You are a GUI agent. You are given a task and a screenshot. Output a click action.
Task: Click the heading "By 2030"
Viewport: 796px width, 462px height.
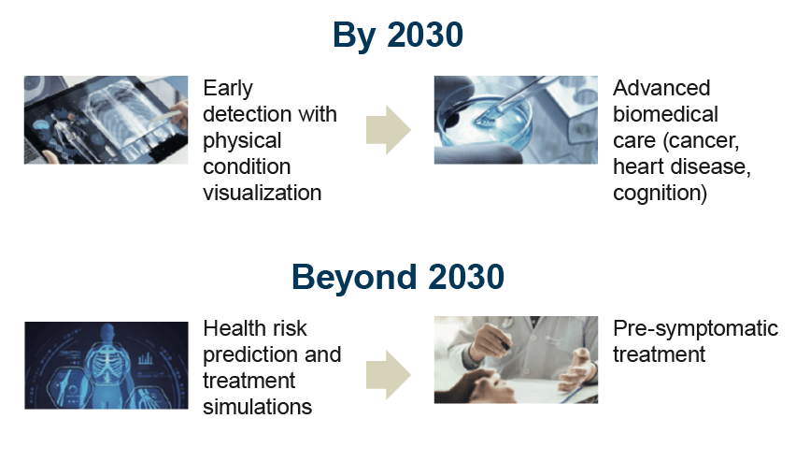coord(397,36)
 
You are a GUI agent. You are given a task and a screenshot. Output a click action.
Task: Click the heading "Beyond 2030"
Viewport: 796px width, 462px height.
coord(397,277)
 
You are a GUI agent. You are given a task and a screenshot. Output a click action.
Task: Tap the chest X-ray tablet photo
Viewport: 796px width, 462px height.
coord(106,120)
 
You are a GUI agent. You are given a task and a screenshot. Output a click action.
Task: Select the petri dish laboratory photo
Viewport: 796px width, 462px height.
coord(516,120)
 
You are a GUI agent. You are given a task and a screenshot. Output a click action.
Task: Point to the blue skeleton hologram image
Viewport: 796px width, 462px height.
coord(107,366)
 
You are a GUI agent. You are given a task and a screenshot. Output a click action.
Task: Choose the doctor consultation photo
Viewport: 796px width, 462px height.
coord(516,360)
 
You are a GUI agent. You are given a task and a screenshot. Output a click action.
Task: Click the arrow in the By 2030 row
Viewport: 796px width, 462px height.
coord(389,130)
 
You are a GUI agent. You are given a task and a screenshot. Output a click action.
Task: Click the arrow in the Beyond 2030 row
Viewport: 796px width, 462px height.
coord(389,375)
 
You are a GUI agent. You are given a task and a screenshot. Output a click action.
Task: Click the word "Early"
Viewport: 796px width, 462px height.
coord(228,89)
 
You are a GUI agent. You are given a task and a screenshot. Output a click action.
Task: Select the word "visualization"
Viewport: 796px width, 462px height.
coord(263,193)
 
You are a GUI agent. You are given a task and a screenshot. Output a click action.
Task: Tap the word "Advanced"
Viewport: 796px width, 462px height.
coord(661,88)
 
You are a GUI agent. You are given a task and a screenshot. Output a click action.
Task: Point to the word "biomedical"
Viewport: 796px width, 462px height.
coord(665,114)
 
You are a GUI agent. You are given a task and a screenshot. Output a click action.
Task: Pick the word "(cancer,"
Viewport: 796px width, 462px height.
coord(701,141)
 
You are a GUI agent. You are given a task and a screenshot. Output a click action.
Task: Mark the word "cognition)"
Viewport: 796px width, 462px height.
coord(660,194)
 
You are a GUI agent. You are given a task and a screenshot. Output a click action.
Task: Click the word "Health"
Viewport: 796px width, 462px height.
coord(232,328)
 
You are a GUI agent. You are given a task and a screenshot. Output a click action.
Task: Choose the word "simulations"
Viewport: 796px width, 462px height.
coord(257,407)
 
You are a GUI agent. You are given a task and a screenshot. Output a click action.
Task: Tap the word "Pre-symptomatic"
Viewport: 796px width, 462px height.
coord(695,329)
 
